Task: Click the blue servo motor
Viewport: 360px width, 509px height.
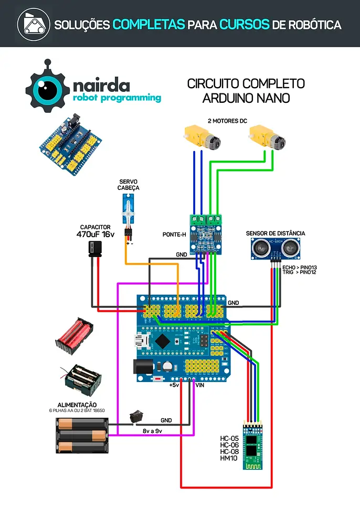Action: [128, 211]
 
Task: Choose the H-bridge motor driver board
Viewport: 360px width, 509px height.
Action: [205, 232]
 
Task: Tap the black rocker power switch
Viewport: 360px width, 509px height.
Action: [137, 417]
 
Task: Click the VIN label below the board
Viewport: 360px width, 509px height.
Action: [200, 385]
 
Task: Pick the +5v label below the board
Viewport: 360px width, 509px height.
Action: [174, 385]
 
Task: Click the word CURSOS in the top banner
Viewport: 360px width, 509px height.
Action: [244, 25]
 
